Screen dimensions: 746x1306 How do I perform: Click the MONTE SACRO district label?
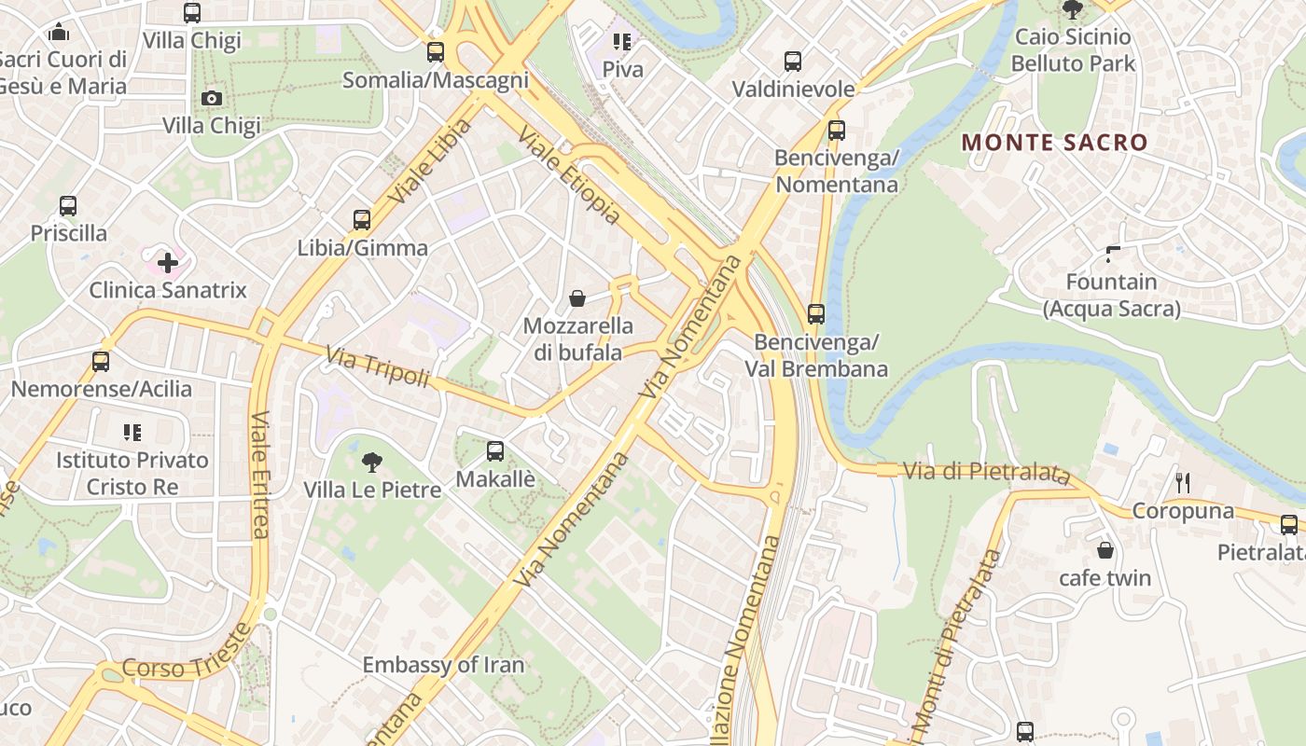pyautogui.click(x=1054, y=143)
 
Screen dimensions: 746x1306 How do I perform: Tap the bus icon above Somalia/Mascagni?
pyautogui.click(x=436, y=52)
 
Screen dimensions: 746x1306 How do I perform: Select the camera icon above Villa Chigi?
pyautogui.click(x=212, y=99)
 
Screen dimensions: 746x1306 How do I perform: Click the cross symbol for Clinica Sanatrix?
pyautogui.click(x=168, y=263)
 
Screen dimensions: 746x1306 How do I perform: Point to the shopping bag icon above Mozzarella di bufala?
pyautogui.click(x=577, y=298)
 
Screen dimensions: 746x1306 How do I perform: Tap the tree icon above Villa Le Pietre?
pyautogui.click(x=372, y=462)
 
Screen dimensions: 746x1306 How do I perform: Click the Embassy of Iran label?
pyautogui.click(x=443, y=665)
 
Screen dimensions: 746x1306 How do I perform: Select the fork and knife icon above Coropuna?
pyautogui.click(x=1183, y=482)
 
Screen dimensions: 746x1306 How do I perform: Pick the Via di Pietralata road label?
pyautogui.click(x=987, y=472)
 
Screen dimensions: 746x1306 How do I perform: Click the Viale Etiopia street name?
pyautogui.click(x=568, y=176)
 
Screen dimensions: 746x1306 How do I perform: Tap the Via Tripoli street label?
pyautogui.click(x=377, y=366)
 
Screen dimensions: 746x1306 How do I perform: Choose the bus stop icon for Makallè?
pyautogui.click(x=495, y=451)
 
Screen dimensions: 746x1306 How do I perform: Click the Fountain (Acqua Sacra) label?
pyautogui.click(x=1111, y=295)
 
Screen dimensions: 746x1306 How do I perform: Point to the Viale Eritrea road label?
pyautogui.click(x=259, y=475)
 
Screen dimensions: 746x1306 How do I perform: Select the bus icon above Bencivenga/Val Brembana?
pyautogui.click(x=816, y=314)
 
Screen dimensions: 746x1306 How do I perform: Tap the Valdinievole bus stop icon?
pyautogui.click(x=793, y=62)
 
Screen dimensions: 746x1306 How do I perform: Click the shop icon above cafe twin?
pyautogui.click(x=1105, y=550)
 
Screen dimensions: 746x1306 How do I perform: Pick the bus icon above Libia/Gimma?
pyautogui.click(x=362, y=220)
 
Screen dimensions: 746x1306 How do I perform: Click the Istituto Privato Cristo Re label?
pyautogui.click(x=132, y=473)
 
